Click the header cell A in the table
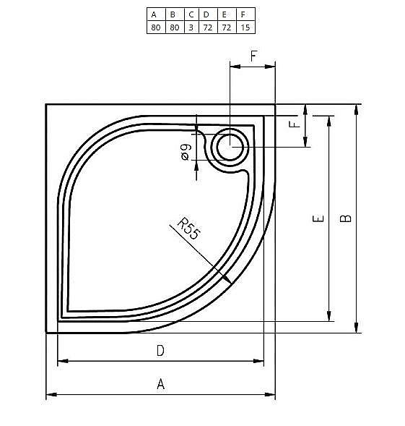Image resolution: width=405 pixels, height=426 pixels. point(154,14)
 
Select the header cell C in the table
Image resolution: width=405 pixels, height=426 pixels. point(191,14)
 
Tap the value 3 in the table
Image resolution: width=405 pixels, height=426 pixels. point(191,27)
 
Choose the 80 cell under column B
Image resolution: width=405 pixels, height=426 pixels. point(173,27)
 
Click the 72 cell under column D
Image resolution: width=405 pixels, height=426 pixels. point(207,27)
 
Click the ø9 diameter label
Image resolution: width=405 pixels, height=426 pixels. point(186,152)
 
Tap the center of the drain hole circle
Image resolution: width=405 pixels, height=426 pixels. point(231,147)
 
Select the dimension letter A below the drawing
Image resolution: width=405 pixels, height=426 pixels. point(160,385)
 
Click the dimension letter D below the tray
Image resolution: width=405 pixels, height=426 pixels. point(160,352)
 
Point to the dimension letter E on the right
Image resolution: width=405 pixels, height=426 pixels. point(318,218)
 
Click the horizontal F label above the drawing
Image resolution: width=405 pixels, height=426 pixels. point(253,56)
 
